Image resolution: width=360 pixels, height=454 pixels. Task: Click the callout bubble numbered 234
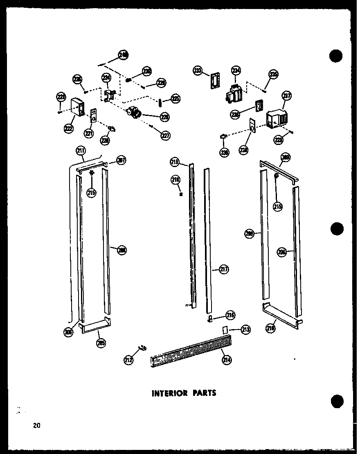point(236,70)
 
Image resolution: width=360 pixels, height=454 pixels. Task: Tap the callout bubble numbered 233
point(198,71)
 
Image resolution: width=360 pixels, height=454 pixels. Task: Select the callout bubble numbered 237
point(286,96)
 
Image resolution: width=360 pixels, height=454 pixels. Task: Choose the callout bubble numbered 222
point(68,129)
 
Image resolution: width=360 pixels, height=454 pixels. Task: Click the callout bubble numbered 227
point(165,136)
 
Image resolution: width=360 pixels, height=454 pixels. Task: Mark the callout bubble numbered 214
point(226,360)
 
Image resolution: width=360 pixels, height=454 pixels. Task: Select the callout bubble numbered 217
point(223,269)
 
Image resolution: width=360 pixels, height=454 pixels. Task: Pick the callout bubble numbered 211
point(80,151)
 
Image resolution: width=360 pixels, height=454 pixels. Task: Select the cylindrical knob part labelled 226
point(134,111)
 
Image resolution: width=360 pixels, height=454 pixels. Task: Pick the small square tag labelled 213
point(225,329)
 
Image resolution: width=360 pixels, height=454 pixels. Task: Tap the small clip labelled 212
point(142,348)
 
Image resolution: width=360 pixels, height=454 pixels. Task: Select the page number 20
point(37,425)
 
